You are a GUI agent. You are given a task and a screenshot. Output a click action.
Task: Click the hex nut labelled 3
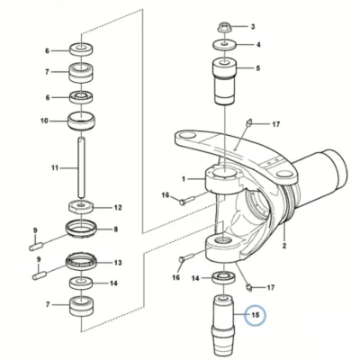(222, 28)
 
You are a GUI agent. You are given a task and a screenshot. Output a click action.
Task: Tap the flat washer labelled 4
(225, 46)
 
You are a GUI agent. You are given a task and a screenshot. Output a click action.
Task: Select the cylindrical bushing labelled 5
(225, 81)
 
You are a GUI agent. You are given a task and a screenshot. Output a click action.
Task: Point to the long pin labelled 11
(81, 168)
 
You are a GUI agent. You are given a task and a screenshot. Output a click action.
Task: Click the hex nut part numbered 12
(81, 208)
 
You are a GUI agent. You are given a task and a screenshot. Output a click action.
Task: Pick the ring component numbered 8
(81, 230)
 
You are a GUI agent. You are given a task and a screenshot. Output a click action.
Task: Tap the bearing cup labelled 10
(81, 121)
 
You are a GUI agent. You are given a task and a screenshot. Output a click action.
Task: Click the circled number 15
(255, 315)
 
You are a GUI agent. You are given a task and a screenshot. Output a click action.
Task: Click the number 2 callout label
(284, 246)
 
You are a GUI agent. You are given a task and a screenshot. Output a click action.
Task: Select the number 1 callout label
(184, 179)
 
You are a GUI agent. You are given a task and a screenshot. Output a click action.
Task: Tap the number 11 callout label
(55, 168)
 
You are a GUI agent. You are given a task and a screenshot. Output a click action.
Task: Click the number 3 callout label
(253, 27)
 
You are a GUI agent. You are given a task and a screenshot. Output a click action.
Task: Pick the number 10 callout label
(44, 121)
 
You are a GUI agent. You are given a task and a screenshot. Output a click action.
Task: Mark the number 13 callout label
(118, 263)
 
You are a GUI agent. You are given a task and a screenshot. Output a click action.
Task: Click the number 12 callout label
(118, 207)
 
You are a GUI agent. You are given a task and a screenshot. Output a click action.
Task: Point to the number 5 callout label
(258, 68)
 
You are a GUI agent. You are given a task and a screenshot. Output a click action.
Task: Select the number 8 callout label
(115, 229)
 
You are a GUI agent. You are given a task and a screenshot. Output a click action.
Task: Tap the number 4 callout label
(258, 45)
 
